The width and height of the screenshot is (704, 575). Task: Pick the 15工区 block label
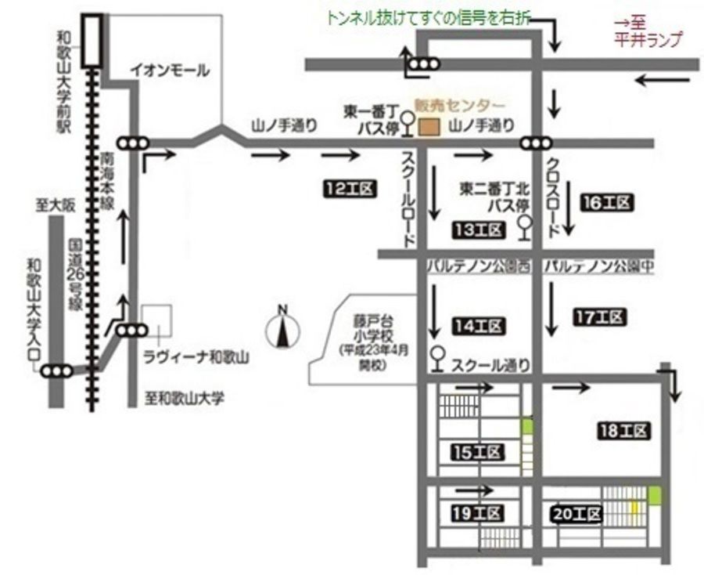coord(477,452)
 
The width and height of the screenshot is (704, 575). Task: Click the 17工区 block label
coord(601,317)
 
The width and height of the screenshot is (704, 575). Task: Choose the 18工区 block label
coord(623,431)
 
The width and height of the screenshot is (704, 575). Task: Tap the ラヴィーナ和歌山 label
coord(196,358)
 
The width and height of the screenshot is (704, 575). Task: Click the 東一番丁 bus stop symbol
coord(407,121)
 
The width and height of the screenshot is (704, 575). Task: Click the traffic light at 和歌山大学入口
coord(58,371)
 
